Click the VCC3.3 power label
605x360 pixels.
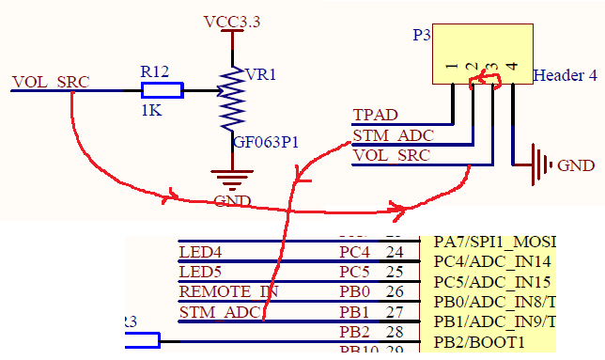pos(233,20)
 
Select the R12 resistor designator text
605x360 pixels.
pos(155,71)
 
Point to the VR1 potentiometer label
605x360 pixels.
pos(260,74)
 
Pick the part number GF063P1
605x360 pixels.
pos(266,143)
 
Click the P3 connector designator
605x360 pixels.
pos(422,36)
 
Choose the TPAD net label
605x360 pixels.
pos(375,115)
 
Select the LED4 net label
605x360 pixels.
pos(200,252)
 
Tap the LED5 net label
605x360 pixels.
pos(200,272)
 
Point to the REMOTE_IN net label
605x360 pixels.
pos(228,291)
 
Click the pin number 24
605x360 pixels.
pos(394,252)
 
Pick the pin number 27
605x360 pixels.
pos(394,311)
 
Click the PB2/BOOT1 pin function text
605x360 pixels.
pos(480,342)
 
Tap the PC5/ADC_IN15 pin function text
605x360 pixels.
pos(491,282)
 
